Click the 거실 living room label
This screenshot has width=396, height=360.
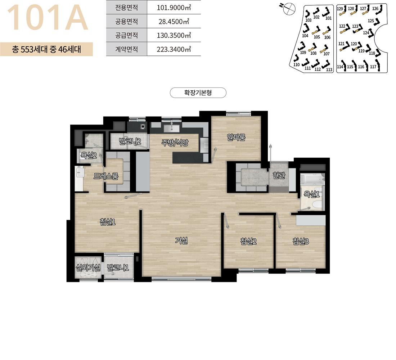[181, 240]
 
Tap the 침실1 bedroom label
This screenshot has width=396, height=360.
[108, 222]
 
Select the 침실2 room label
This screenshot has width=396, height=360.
[248, 241]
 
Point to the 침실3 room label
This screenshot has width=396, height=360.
[301, 241]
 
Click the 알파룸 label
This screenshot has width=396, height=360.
[236, 137]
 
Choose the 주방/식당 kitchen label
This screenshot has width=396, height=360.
[175, 143]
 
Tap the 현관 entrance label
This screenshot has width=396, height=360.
[279, 175]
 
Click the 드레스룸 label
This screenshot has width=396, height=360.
[106, 176]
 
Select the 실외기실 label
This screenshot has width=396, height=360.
[88, 267]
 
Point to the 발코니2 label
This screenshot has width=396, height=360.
[130, 141]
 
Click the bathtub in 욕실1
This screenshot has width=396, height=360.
[312, 179]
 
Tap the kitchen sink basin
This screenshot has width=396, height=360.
[171, 128]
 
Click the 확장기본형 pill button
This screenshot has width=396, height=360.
[198, 93]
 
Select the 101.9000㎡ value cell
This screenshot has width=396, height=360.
[174, 7]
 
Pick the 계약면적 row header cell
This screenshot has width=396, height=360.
[126, 49]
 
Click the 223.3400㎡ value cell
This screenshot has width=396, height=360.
[174, 49]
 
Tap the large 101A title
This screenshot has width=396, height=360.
[48, 18]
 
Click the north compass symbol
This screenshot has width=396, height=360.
[289, 9]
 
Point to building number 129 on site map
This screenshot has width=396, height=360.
[340, 9]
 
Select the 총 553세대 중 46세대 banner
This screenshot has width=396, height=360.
[46, 49]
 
